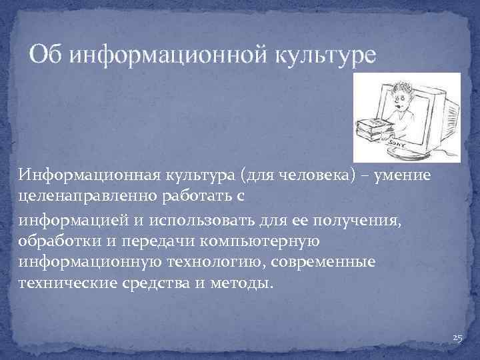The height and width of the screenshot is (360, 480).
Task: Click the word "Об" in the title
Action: (47, 54)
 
